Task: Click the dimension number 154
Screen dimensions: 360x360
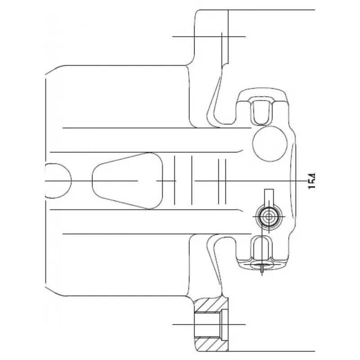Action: click(312, 181)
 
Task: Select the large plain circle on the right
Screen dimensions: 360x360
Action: click(270, 143)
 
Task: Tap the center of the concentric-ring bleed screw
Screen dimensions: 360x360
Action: click(269, 217)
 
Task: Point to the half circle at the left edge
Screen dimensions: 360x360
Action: click(58, 181)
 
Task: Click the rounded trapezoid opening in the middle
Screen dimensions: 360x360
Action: click(127, 181)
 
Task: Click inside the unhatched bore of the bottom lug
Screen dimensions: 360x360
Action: click(207, 324)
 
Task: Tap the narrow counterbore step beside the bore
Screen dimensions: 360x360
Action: click(224, 324)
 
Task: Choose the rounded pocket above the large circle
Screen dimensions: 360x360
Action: click(262, 111)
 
